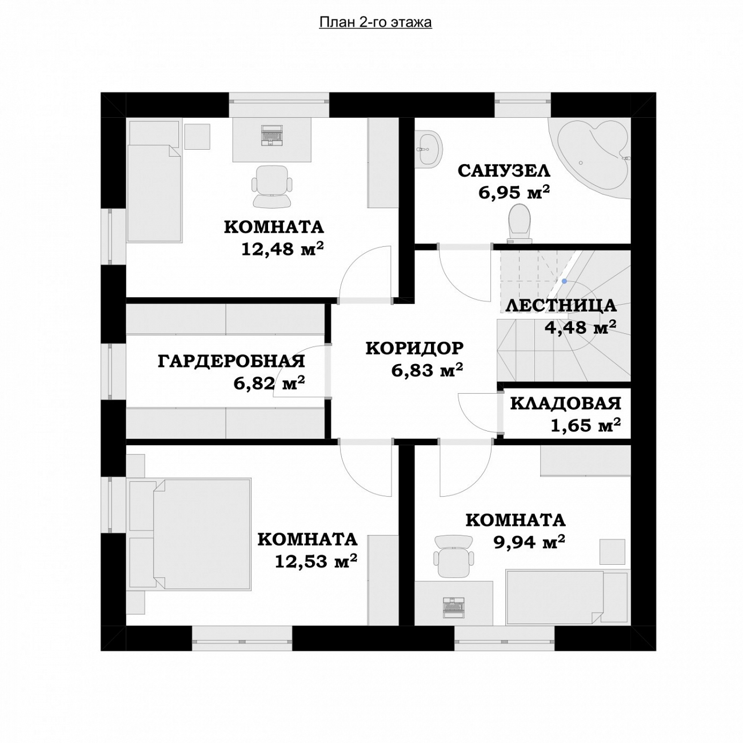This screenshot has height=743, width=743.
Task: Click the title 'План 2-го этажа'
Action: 375,23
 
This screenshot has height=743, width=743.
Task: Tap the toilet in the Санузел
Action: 520,224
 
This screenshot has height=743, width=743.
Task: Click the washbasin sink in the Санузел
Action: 429,149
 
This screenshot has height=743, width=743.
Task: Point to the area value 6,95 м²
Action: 514,192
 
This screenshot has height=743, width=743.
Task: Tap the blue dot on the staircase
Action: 564,281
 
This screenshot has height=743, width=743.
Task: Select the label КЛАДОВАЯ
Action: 566,404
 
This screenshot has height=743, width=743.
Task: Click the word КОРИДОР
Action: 414,348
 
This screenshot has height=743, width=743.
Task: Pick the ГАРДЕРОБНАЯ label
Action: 231,361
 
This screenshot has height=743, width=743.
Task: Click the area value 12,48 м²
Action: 282,249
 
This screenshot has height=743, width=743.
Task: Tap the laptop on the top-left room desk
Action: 272,135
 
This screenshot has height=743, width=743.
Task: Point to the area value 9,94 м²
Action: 529,542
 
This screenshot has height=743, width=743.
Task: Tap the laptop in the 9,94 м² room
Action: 454,609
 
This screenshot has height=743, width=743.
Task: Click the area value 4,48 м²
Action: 580,327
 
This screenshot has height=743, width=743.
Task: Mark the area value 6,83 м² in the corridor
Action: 427,370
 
